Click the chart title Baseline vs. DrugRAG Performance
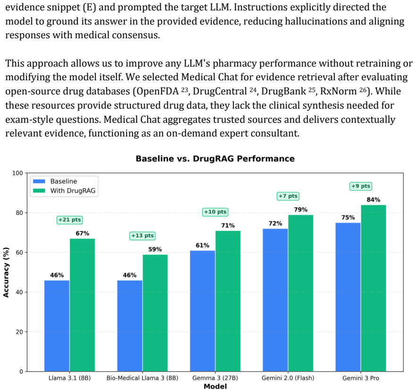click(215, 158)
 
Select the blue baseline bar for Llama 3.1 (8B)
click(57, 326)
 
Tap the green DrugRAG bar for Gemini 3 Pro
click(374, 288)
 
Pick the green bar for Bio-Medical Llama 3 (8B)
click(155, 313)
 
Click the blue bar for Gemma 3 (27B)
click(203, 311)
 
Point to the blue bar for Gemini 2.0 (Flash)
click(275, 300)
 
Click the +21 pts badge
click(69, 220)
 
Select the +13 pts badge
click(143, 236)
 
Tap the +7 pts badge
click(288, 196)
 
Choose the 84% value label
click(374, 200)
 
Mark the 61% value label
click(203, 245)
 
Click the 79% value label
click(301, 210)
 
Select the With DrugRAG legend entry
click(64, 190)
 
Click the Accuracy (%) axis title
click(6, 273)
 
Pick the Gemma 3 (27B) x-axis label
click(215, 378)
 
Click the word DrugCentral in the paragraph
click(220, 91)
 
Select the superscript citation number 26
click(363, 89)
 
